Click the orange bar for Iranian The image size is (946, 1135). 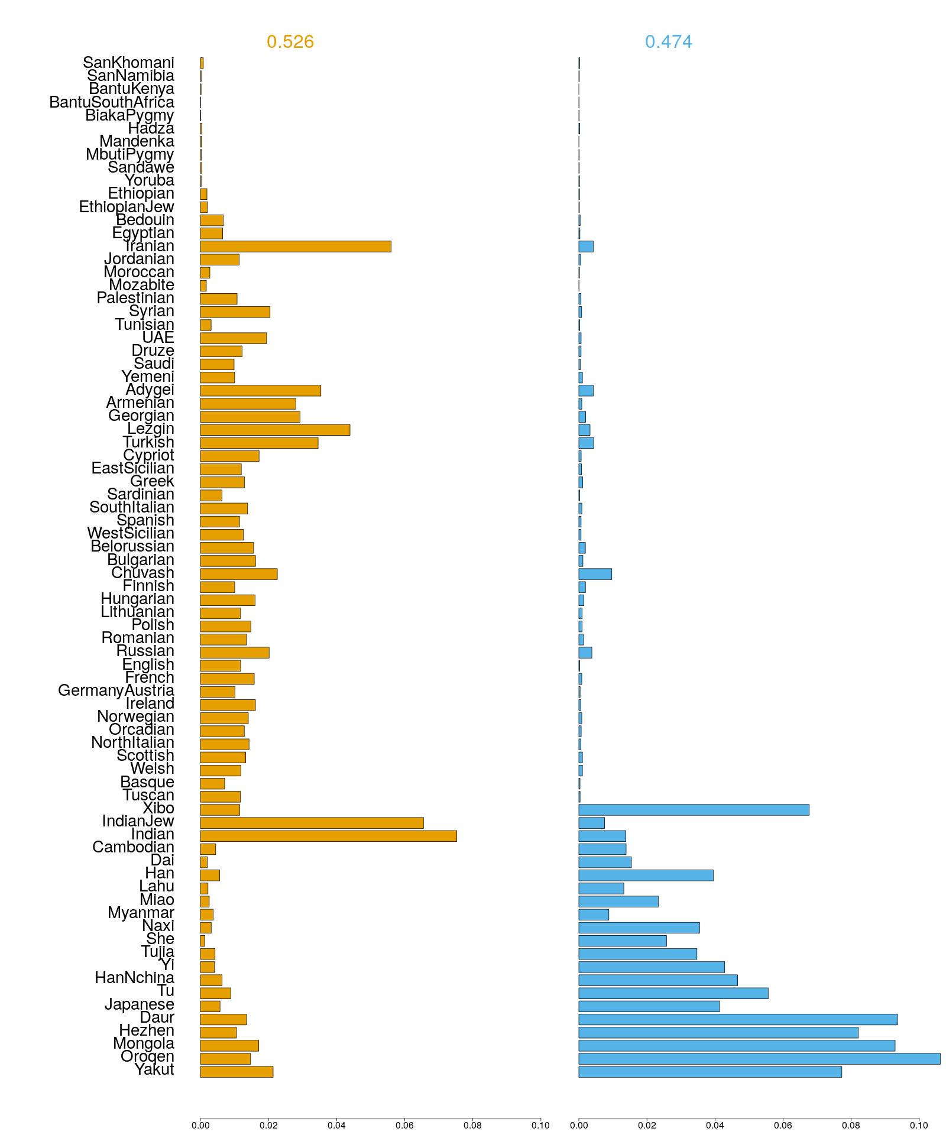point(296,247)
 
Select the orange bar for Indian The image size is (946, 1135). point(328,836)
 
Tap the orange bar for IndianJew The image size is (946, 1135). point(312,823)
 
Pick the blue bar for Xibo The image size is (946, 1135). point(694,810)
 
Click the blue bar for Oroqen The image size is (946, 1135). point(759,1059)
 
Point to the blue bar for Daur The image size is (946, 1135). point(738,1019)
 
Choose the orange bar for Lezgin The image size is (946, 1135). point(275,430)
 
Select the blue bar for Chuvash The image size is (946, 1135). point(595,574)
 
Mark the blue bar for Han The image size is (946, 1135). point(646,875)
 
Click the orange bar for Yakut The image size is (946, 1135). point(237,1072)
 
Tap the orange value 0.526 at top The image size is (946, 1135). point(290,42)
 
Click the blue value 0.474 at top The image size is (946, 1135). point(668,42)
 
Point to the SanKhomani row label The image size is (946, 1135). point(128,63)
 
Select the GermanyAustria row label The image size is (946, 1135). point(116,690)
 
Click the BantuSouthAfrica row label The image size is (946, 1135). point(112,102)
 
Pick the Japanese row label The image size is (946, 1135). point(140,1004)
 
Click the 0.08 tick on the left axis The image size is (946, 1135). point(472,1126)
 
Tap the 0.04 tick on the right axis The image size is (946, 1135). point(715,1126)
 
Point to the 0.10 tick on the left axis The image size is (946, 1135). point(540,1126)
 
